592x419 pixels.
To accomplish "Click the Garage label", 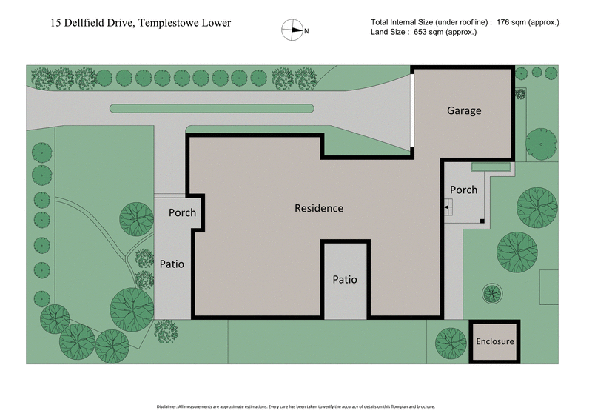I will click(464, 111).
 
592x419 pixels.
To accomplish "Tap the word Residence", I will click(319, 208).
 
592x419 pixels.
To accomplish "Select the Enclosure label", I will click(494, 342).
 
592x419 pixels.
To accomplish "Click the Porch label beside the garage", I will click(464, 190).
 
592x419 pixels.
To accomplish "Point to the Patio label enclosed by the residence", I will click(345, 280).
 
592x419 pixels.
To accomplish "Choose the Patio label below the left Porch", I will click(172, 264).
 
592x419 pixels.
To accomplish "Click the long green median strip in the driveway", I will click(211, 109).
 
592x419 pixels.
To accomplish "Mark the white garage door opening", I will click(411, 111).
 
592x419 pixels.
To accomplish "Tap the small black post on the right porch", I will click(482, 221).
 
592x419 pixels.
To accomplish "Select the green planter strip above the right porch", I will click(491, 167).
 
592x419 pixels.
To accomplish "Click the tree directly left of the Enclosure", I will click(449, 342).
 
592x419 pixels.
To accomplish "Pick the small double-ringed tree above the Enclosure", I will click(493, 294).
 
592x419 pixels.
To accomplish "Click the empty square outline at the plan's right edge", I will click(548, 287).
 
